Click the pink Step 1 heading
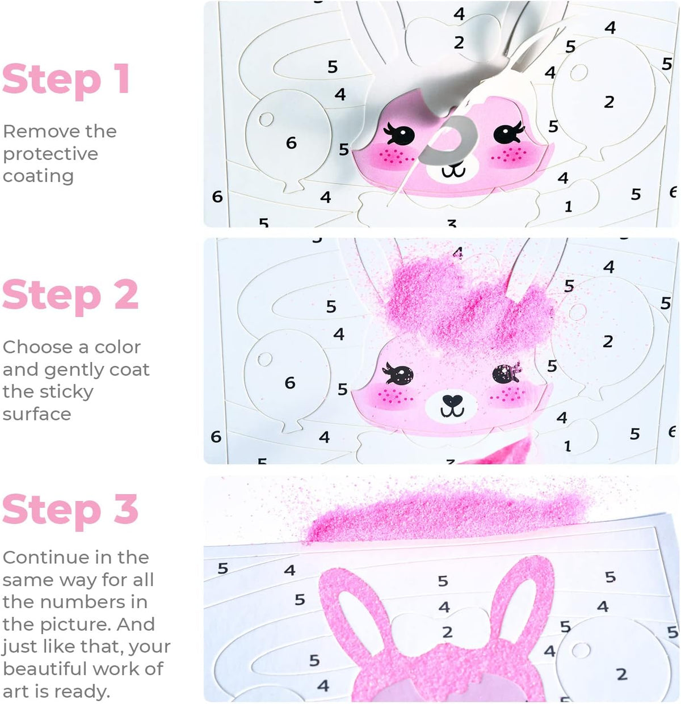point(66,81)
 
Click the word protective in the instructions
point(51,155)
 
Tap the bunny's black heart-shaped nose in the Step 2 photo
point(452,400)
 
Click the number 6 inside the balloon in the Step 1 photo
point(291,143)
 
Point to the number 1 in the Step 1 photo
point(569,206)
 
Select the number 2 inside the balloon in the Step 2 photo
point(608,342)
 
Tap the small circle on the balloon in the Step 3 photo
point(581,651)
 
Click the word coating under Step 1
point(39,177)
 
